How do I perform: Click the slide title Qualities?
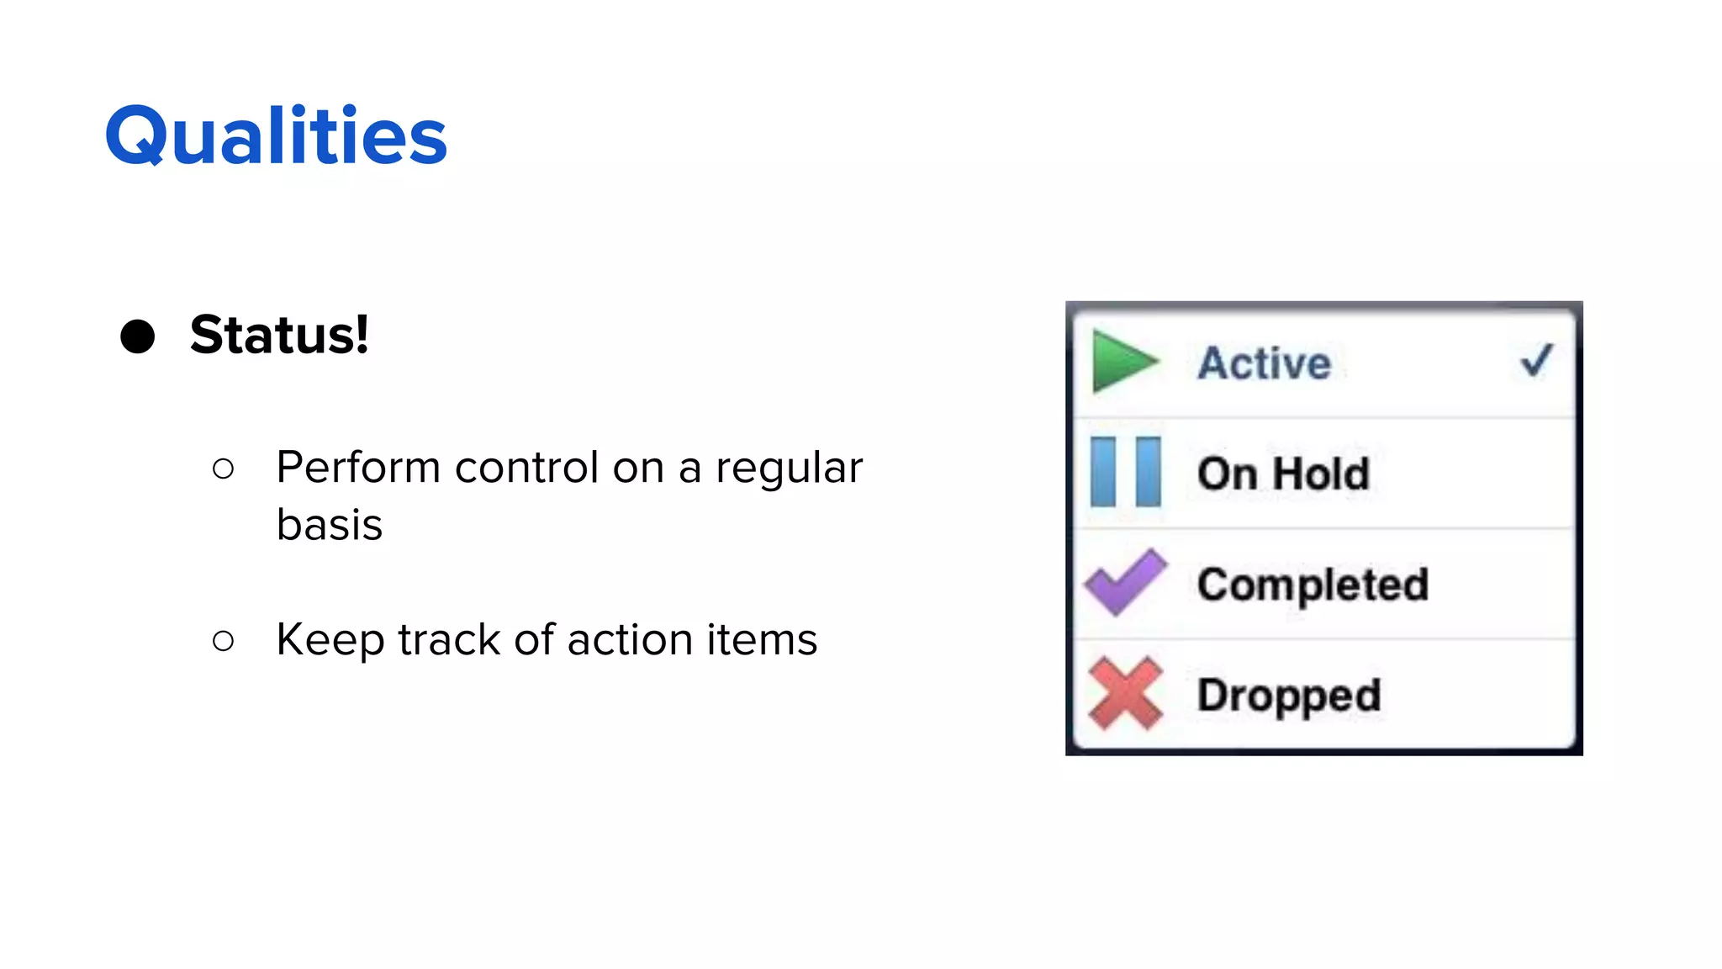point(276,136)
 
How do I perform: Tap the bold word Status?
point(279,335)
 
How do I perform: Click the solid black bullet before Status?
point(138,336)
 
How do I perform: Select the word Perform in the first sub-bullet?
point(358,468)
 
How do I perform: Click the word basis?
point(330,525)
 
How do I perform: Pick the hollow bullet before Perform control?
point(223,469)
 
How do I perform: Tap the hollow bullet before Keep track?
point(223,641)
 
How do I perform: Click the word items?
point(761,639)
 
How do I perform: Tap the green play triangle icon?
point(1123,363)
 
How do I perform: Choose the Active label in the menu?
point(1264,363)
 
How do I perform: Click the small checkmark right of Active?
point(1536,361)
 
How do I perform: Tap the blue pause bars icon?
point(1125,472)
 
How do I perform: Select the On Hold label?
point(1283,474)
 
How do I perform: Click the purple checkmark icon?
point(1125,582)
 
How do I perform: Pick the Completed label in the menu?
point(1313,585)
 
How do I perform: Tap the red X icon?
point(1125,693)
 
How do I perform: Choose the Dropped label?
point(1289,696)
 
